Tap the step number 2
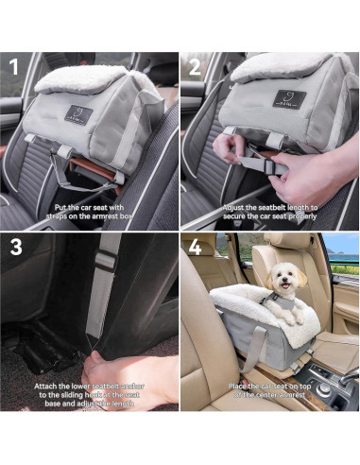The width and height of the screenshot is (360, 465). pos(194,69)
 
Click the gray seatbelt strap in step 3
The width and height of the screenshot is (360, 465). pos(105,284)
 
